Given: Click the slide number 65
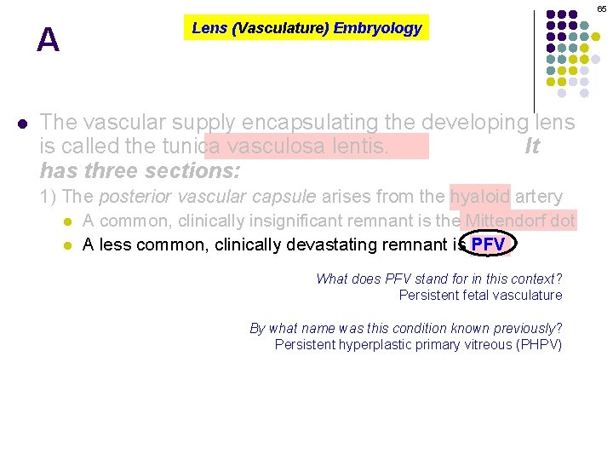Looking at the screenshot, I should point(601,9).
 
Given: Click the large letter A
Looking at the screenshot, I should point(49,40).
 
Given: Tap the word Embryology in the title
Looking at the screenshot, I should point(377,28).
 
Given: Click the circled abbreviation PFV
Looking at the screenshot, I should point(488,245).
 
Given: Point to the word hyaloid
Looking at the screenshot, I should point(480,197).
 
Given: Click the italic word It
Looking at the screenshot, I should point(532,147).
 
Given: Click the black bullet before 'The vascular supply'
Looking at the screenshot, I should point(22,123).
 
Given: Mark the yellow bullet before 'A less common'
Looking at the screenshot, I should point(68,245).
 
